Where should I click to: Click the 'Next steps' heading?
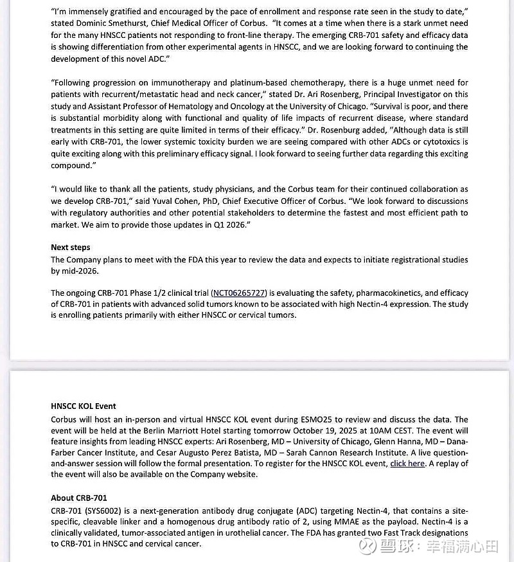(x=71, y=248)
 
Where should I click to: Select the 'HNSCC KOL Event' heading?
(x=84, y=406)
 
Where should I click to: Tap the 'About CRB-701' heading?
(x=79, y=498)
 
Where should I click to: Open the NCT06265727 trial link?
(x=238, y=293)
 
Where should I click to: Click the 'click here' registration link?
(x=407, y=463)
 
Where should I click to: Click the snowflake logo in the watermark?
(x=367, y=547)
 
